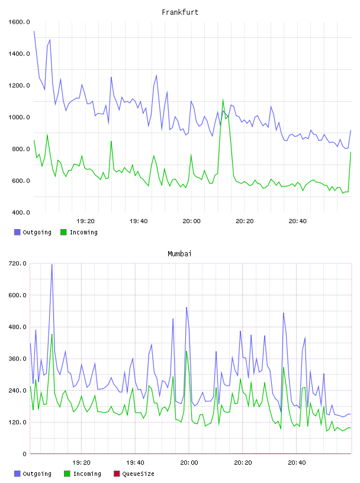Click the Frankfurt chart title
click(180, 12)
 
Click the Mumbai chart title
click(179, 254)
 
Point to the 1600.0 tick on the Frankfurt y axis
click(19, 22)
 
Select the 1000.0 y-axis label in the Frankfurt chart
click(19, 117)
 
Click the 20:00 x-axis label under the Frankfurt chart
click(191, 221)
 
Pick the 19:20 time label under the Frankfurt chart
click(85, 221)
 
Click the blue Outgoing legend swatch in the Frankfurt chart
click(17, 232)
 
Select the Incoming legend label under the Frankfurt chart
click(83, 232)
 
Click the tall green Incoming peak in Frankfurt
click(223, 99)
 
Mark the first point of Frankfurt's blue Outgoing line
click(34, 31)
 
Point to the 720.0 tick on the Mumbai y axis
click(17, 263)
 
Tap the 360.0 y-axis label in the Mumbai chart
click(17, 359)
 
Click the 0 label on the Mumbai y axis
click(24, 454)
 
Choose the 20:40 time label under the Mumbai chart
click(297, 462)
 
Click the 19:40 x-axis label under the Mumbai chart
click(135, 462)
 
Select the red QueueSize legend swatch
click(117, 474)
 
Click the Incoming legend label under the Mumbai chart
click(87, 474)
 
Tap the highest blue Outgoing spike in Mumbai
click(52, 265)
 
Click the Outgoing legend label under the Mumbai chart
click(37, 474)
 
